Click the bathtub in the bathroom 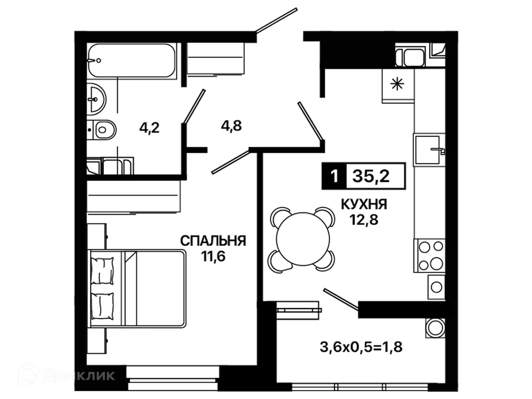(x=132, y=61)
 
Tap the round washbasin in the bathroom (x=96, y=99)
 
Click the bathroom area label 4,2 (x=149, y=128)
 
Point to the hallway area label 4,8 (x=231, y=126)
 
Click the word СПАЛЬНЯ (x=213, y=241)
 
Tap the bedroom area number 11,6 (x=213, y=256)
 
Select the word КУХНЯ (x=364, y=204)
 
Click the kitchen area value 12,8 (x=364, y=220)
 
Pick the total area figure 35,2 (x=371, y=176)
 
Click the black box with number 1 (x=334, y=176)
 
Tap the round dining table (x=303, y=239)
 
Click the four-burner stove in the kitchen (x=429, y=255)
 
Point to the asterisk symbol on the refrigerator (x=397, y=85)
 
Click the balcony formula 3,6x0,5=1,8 (x=361, y=347)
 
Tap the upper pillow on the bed (x=102, y=271)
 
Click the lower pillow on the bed (x=102, y=306)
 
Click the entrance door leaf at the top (x=277, y=20)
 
